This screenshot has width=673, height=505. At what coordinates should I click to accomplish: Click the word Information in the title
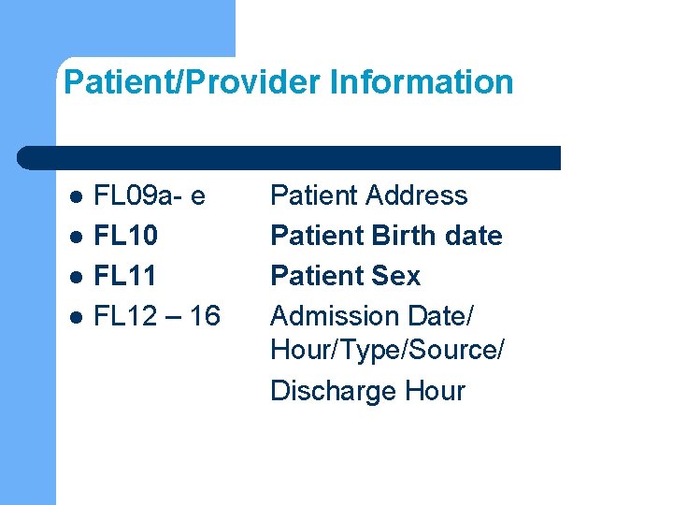(x=422, y=82)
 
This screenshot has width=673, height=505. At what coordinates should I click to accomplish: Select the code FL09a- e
(x=150, y=195)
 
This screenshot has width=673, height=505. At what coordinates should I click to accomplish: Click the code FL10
(x=126, y=236)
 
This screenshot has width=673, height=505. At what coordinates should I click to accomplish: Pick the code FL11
(x=126, y=276)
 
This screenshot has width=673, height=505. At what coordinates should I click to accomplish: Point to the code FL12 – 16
(x=158, y=316)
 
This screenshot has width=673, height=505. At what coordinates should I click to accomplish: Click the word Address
(x=417, y=195)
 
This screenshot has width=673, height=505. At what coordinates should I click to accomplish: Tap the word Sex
(x=396, y=276)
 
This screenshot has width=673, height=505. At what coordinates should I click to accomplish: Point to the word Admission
(x=334, y=316)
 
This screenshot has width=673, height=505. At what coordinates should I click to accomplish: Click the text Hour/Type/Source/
(x=387, y=350)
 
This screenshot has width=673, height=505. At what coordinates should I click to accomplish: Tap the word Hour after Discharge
(x=435, y=390)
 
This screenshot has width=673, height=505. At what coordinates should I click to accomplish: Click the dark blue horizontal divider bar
(x=290, y=157)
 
